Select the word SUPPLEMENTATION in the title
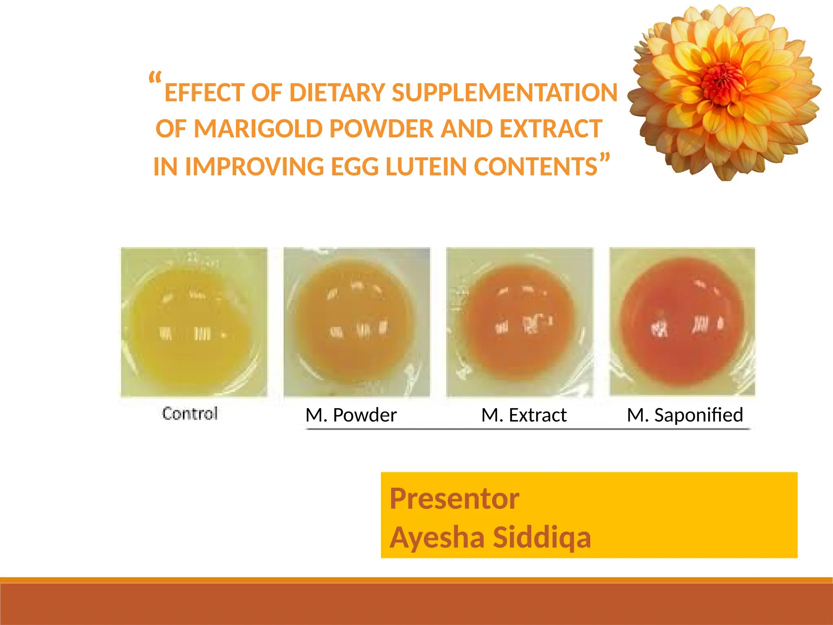click(x=504, y=92)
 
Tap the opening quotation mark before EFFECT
click(x=155, y=78)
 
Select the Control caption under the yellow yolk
click(x=190, y=413)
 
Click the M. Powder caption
click(x=351, y=415)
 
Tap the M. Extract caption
click(x=524, y=415)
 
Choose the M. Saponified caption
click(x=685, y=415)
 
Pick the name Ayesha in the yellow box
click(x=437, y=538)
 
